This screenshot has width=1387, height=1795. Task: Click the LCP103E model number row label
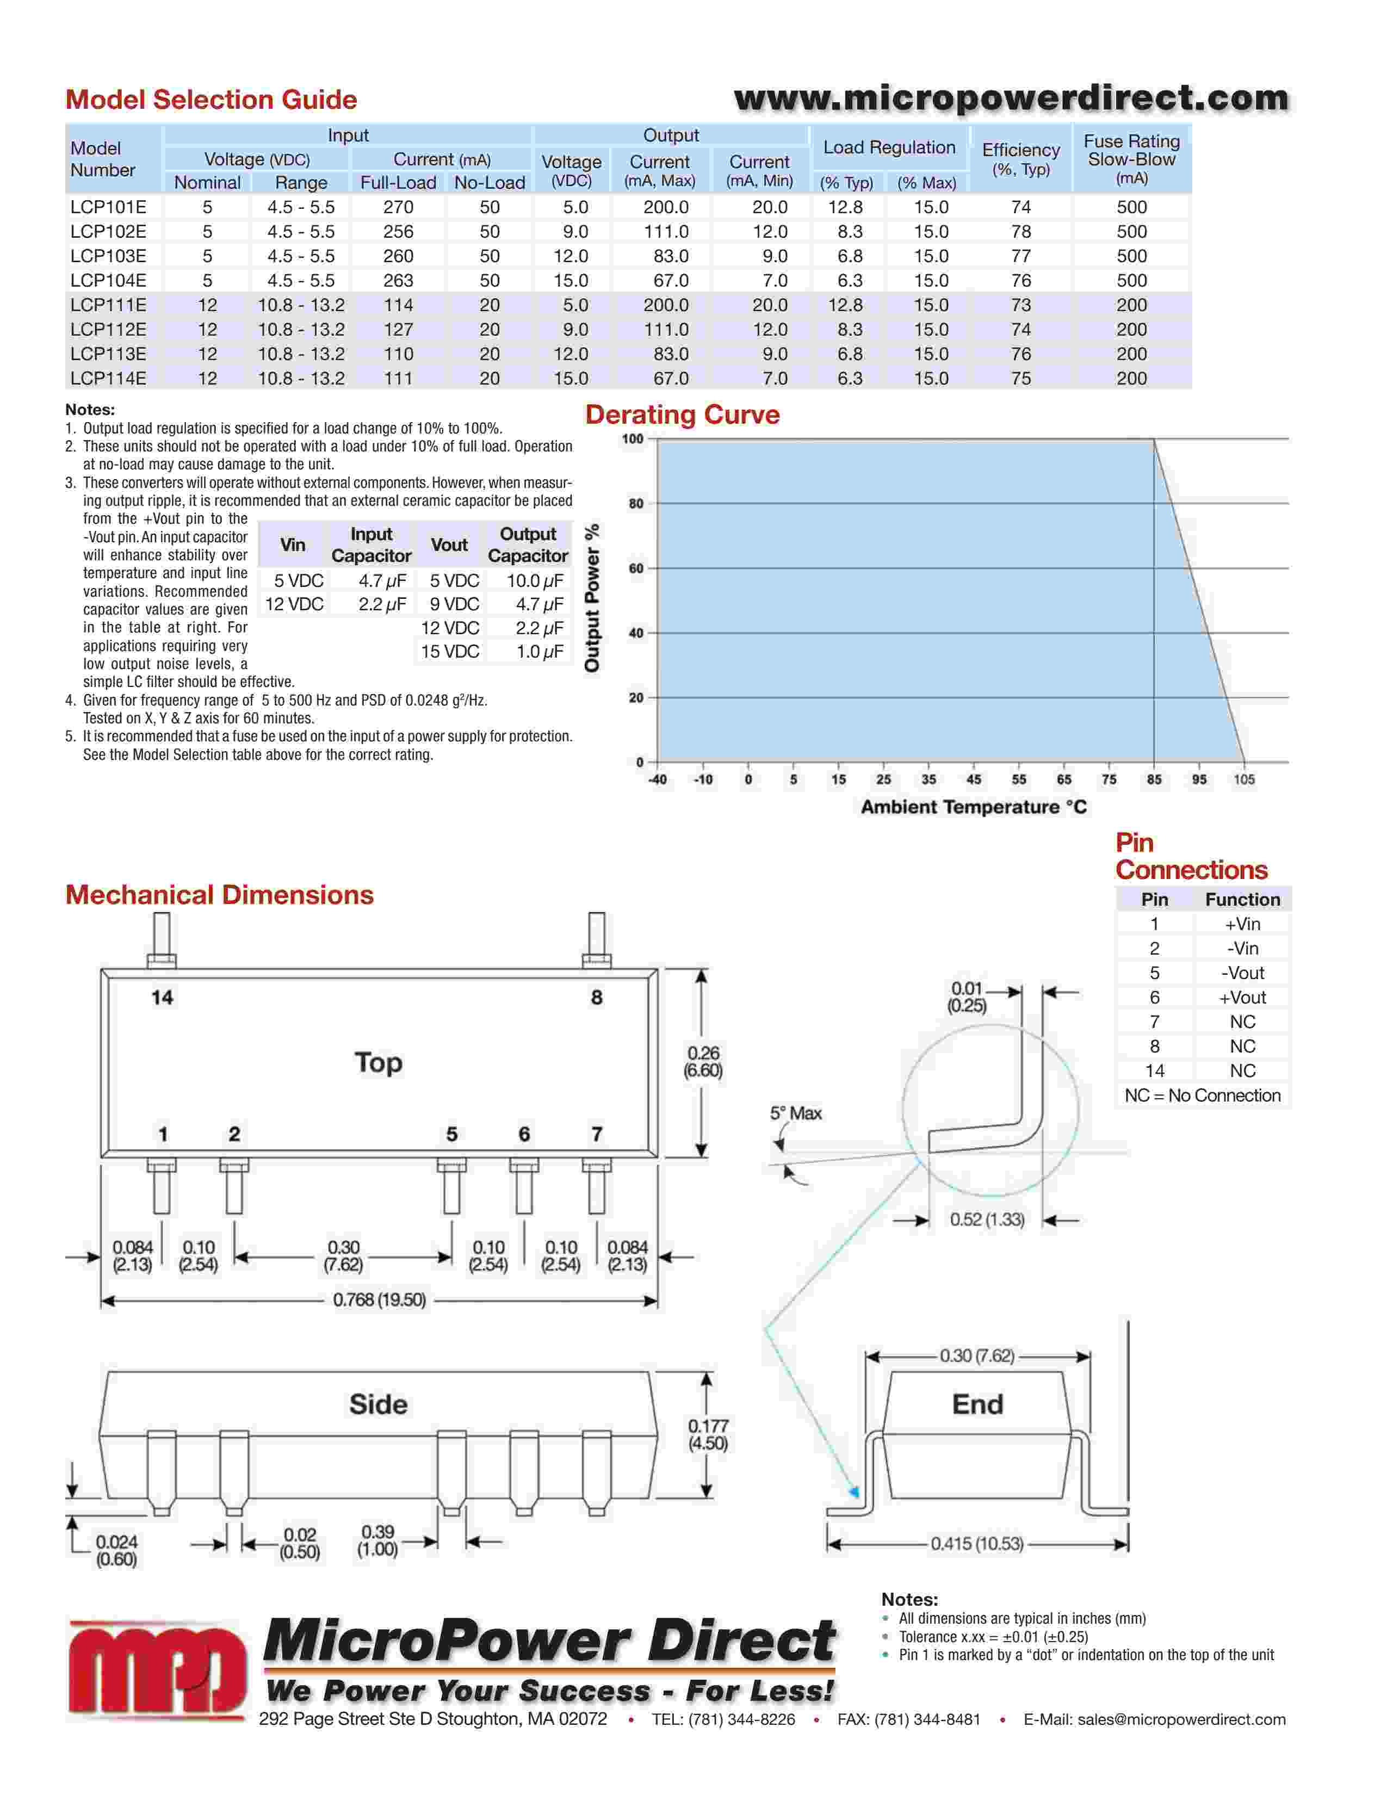pyautogui.click(x=108, y=256)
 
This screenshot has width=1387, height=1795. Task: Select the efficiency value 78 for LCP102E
pyautogui.click(x=1020, y=232)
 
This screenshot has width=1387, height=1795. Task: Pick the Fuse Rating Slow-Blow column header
pyautogui.click(x=1131, y=159)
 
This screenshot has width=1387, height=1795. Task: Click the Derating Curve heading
pyautogui.click(x=682, y=415)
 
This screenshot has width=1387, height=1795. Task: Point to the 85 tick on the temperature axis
pyautogui.click(x=1154, y=779)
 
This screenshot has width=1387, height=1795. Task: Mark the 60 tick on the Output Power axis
pyautogui.click(x=636, y=568)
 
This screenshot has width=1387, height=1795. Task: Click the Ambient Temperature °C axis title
pyautogui.click(x=973, y=807)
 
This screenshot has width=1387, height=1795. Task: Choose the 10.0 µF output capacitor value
pyautogui.click(x=535, y=581)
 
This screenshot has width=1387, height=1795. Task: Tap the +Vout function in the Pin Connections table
pyautogui.click(x=1242, y=997)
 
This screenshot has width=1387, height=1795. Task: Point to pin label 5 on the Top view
pyautogui.click(x=451, y=1134)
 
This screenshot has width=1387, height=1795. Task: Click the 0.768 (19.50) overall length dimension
pyautogui.click(x=379, y=1299)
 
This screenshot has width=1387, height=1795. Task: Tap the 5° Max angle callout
pyautogui.click(x=795, y=1113)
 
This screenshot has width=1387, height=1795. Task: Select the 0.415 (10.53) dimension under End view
pyautogui.click(x=976, y=1544)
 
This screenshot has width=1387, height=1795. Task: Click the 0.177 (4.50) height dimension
pyautogui.click(x=708, y=1434)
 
